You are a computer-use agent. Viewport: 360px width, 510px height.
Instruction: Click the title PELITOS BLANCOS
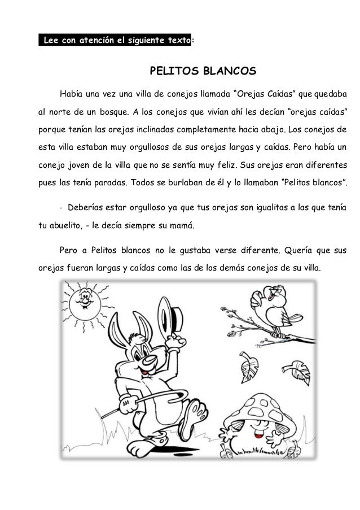pos(202,72)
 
